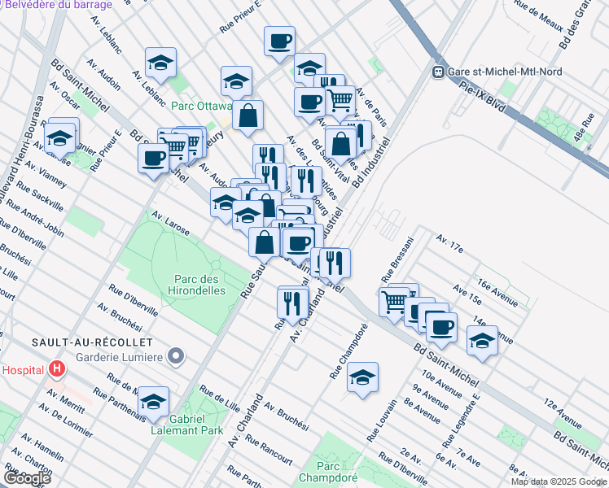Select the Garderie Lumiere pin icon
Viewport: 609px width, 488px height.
[x=173, y=355]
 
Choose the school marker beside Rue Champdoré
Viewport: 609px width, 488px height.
[x=362, y=377]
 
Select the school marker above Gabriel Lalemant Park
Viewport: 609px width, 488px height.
[x=153, y=401]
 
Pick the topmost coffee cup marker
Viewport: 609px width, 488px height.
[x=279, y=40]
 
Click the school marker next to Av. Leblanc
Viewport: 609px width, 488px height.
[x=160, y=62]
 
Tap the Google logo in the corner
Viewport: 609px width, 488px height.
[x=27, y=477]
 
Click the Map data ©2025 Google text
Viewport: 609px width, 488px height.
[x=558, y=481]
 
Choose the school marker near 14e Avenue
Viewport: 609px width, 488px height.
[x=482, y=340]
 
